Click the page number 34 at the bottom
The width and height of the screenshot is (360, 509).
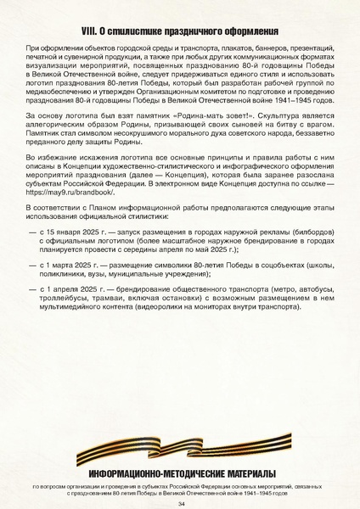pos(180,502)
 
